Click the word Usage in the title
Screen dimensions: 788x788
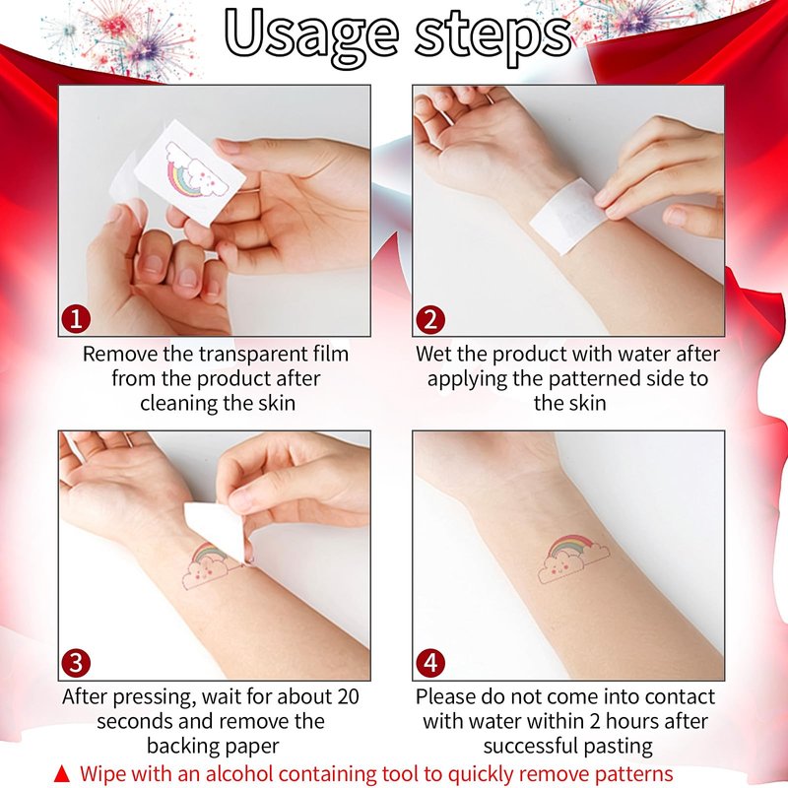(x=311, y=36)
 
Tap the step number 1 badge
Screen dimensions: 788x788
(x=76, y=319)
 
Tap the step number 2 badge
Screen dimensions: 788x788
(x=430, y=319)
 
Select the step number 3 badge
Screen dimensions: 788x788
(x=76, y=663)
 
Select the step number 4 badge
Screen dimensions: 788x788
(x=430, y=663)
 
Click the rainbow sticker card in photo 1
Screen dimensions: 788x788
(x=189, y=172)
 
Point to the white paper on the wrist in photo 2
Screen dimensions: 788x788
(x=569, y=215)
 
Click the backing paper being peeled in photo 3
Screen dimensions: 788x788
(x=215, y=529)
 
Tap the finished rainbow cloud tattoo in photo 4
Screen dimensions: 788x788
(x=573, y=558)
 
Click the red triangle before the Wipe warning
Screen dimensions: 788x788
(x=62, y=774)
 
